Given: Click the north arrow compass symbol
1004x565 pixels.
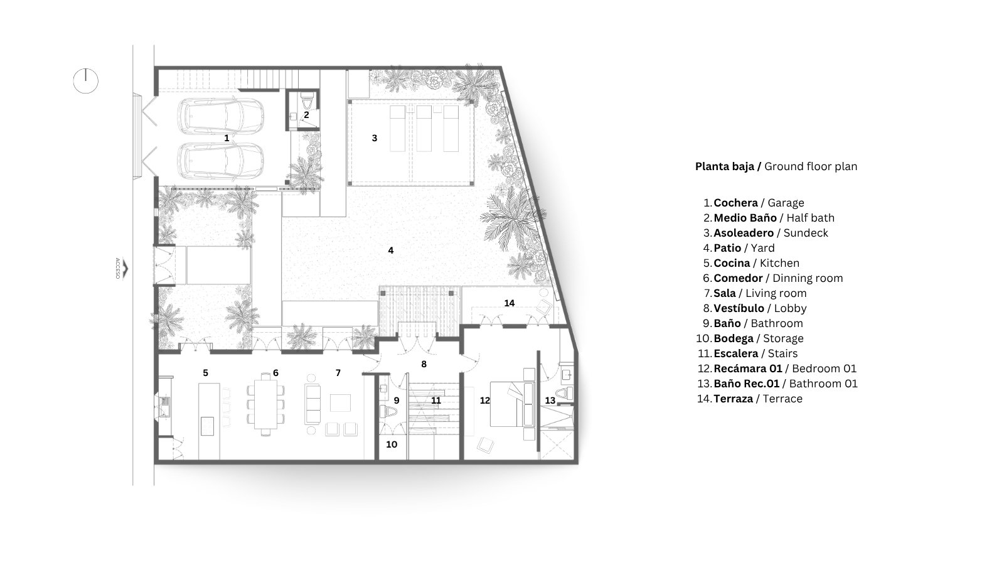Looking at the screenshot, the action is coord(85,81).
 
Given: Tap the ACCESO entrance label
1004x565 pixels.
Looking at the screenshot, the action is coord(118,269).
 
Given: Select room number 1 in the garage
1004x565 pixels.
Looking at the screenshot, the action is coord(227,138).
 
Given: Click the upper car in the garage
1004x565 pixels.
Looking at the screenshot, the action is coord(220,116).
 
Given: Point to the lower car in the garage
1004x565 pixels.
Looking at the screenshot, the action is coord(220,161).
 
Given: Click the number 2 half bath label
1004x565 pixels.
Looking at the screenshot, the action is coord(306,115).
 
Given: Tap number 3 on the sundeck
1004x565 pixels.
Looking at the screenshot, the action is coord(375,138).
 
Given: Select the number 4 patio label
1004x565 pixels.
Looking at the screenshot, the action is coord(391,250).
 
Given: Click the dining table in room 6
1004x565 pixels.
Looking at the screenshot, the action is coord(266,404).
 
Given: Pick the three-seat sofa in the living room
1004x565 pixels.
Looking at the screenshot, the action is coord(313,404).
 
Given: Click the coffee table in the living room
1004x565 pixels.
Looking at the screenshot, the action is coord(341,402).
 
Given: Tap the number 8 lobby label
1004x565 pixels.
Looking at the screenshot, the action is coord(424,364).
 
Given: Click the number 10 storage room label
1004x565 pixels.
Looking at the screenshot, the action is coord(392,444).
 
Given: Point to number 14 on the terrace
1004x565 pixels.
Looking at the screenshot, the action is coord(510,303).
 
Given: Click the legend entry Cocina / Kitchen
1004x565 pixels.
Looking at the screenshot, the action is coord(757,263).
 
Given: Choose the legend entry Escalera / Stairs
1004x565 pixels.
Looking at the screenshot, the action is coord(756,353).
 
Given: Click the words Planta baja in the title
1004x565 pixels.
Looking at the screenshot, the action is coord(725,166).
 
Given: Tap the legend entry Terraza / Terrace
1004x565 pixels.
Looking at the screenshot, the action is coord(758,399).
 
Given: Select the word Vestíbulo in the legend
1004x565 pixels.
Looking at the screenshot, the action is coord(739,308).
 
